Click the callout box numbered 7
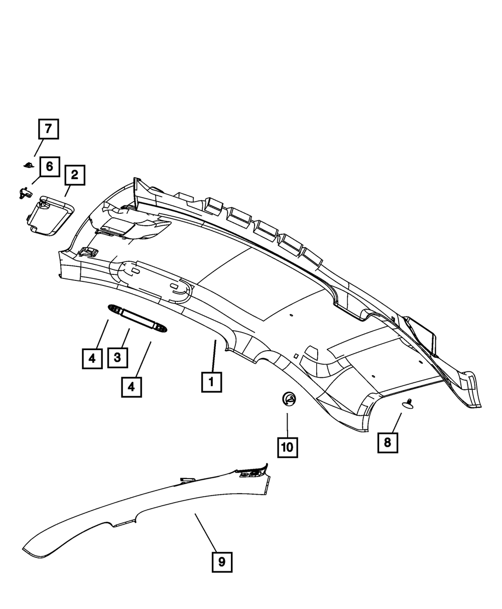tap(48, 129)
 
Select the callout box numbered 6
tap(49, 166)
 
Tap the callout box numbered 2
tap(74, 175)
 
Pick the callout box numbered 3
tap(117, 358)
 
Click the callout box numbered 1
tap(211, 382)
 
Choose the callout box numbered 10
tap(287, 446)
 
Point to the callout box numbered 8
tap(388, 442)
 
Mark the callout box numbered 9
tap(221, 562)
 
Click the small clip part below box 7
tap(29, 165)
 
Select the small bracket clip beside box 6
tap(23, 192)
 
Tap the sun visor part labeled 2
tap(49, 215)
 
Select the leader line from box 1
tap(213, 356)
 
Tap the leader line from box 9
tap(207, 532)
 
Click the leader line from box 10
tap(287, 424)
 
